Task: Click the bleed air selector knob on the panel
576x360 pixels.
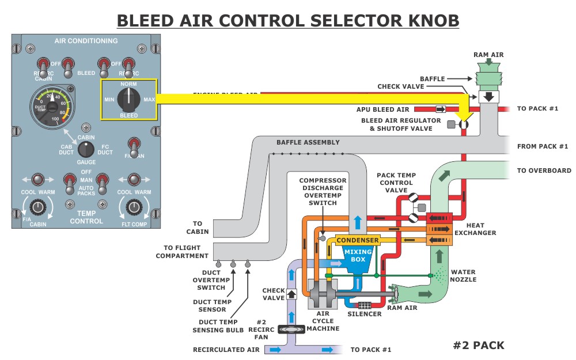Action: [x=128, y=100]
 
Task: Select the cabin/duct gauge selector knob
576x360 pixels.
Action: [x=86, y=150]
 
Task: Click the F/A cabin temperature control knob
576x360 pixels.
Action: [x=38, y=207]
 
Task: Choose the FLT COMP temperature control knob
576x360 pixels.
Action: [x=134, y=207]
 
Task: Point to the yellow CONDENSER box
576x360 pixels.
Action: [x=358, y=240]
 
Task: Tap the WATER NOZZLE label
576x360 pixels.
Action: [x=464, y=275]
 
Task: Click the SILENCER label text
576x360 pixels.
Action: [x=365, y=314]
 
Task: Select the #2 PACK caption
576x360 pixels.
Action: [x=478, y=346]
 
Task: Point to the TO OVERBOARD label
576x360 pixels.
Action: [x=544, y=170]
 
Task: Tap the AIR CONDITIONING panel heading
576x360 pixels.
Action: [x=86, y=41]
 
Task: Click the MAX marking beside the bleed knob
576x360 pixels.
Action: [x=149, y=100]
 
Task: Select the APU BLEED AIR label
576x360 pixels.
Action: [x=383, y=109]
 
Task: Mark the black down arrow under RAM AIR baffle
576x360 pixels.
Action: [x=489, y=96]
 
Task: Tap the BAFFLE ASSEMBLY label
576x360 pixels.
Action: [x=308, y=142]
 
